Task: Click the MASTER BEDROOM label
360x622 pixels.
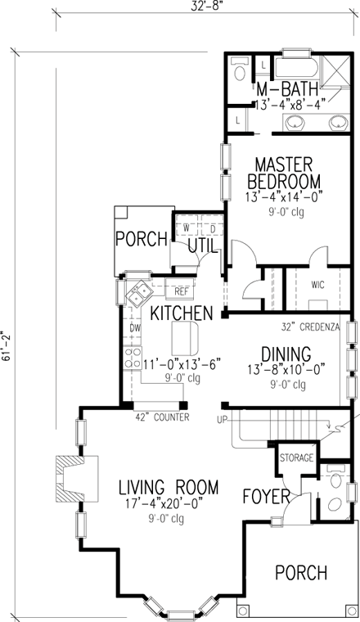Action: click(x=284, y=173)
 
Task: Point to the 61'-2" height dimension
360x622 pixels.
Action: click(x=7, y=346)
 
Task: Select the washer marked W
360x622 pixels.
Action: click(x=186, y=228)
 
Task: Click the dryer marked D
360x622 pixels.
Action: click(x=213, y=228)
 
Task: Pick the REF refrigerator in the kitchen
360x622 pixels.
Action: click(x=180, y=287)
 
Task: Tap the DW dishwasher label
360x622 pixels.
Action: click(x=133, y=327)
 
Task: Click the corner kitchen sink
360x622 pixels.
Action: click(x=139, y=294)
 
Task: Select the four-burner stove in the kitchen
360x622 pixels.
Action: click(x=133, y=358)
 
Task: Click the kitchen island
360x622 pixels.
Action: click(x=185, y=338)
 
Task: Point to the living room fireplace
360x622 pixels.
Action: click(x=76, y=479)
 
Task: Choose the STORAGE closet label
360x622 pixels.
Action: click(x=296, y=458)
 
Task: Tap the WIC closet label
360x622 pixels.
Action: click(x=317, y=285)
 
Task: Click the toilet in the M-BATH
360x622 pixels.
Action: click(x=240, y=69)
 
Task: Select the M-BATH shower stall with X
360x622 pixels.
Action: click(x=335, y=70)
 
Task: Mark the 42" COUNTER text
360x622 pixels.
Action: click(x=163, y=417)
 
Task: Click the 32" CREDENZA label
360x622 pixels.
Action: click(x=310, y=327)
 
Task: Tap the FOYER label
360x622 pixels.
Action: click(x=267, y=496)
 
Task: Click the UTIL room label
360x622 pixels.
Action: click(x=203, y=246)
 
